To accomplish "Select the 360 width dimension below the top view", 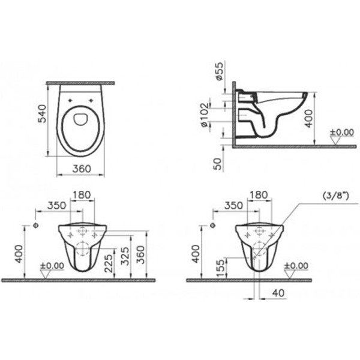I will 82,169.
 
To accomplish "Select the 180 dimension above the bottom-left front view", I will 82,195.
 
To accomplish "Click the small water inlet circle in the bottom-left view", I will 37,226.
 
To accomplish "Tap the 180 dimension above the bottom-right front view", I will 257,195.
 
